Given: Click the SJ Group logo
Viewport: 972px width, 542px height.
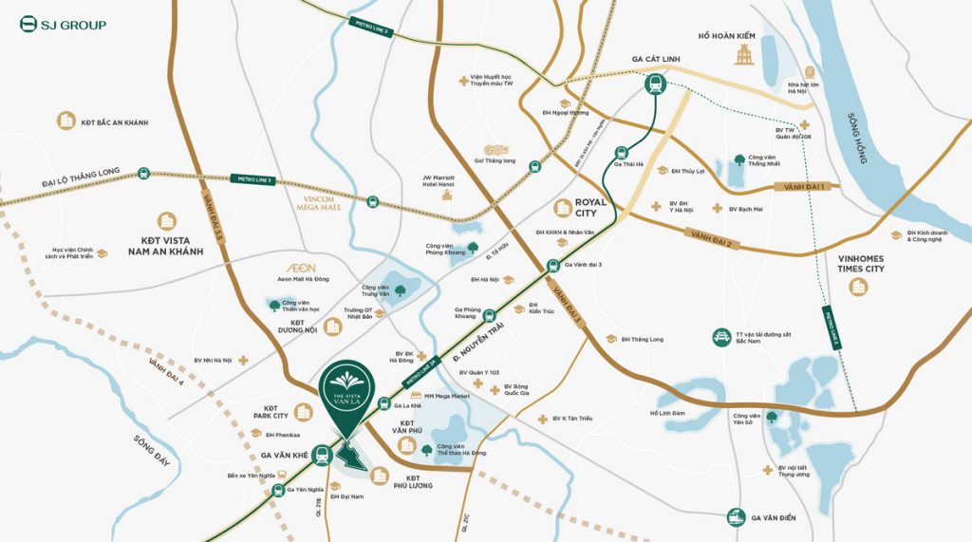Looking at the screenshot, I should click(63, 24).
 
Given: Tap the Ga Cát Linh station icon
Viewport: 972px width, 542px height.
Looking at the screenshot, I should click(655, 84).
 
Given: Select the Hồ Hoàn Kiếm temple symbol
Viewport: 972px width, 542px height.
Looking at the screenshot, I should click(743, 55).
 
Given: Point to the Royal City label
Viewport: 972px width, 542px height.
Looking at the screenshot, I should click(592, 208).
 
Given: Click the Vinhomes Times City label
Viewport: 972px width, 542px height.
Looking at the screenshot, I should click(861, 263).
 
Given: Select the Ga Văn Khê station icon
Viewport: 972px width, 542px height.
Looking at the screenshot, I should click(323, 455).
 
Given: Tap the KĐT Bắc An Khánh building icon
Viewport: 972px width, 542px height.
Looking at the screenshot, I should click(65, 121).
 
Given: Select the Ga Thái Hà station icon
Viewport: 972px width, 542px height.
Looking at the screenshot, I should click(622, 152).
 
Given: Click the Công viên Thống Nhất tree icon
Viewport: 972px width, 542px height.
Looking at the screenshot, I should click(738, 160).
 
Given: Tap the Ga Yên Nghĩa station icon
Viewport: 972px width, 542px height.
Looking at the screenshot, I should click(279, 491).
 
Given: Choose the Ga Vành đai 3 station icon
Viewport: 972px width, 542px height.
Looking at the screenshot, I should click(551, 267).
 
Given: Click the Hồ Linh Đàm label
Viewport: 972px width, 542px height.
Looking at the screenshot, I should click(667, 413).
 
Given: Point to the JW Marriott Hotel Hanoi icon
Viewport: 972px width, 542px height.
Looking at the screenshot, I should click(446, 195).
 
